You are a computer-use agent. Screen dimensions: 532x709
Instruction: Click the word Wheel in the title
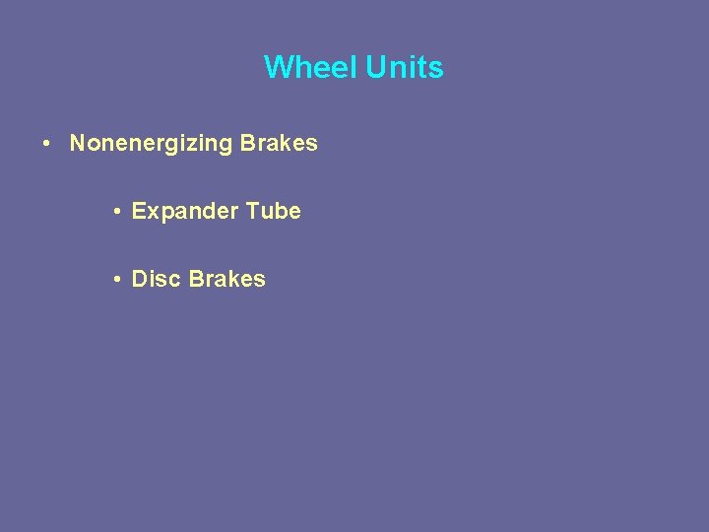point(311,67)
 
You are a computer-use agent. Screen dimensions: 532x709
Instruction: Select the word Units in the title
point(405,67)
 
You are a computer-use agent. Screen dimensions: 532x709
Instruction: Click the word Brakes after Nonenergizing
point(279,143)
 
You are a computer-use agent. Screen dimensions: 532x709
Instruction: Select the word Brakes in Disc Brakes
point(227,279)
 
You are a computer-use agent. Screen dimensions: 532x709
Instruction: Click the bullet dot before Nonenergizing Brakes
point(47,144)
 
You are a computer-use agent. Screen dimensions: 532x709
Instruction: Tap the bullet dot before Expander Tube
point(117,212)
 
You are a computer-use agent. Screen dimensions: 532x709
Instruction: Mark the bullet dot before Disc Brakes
point(117,280)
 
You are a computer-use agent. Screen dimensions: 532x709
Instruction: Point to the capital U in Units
point(376,67)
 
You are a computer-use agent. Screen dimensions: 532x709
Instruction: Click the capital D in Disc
point(140,279)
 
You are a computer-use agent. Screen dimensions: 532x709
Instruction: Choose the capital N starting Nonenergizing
point(78,143)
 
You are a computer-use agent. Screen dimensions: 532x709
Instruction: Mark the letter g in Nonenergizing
point(226,146)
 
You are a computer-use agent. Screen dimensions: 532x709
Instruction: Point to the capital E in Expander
point(138,211)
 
